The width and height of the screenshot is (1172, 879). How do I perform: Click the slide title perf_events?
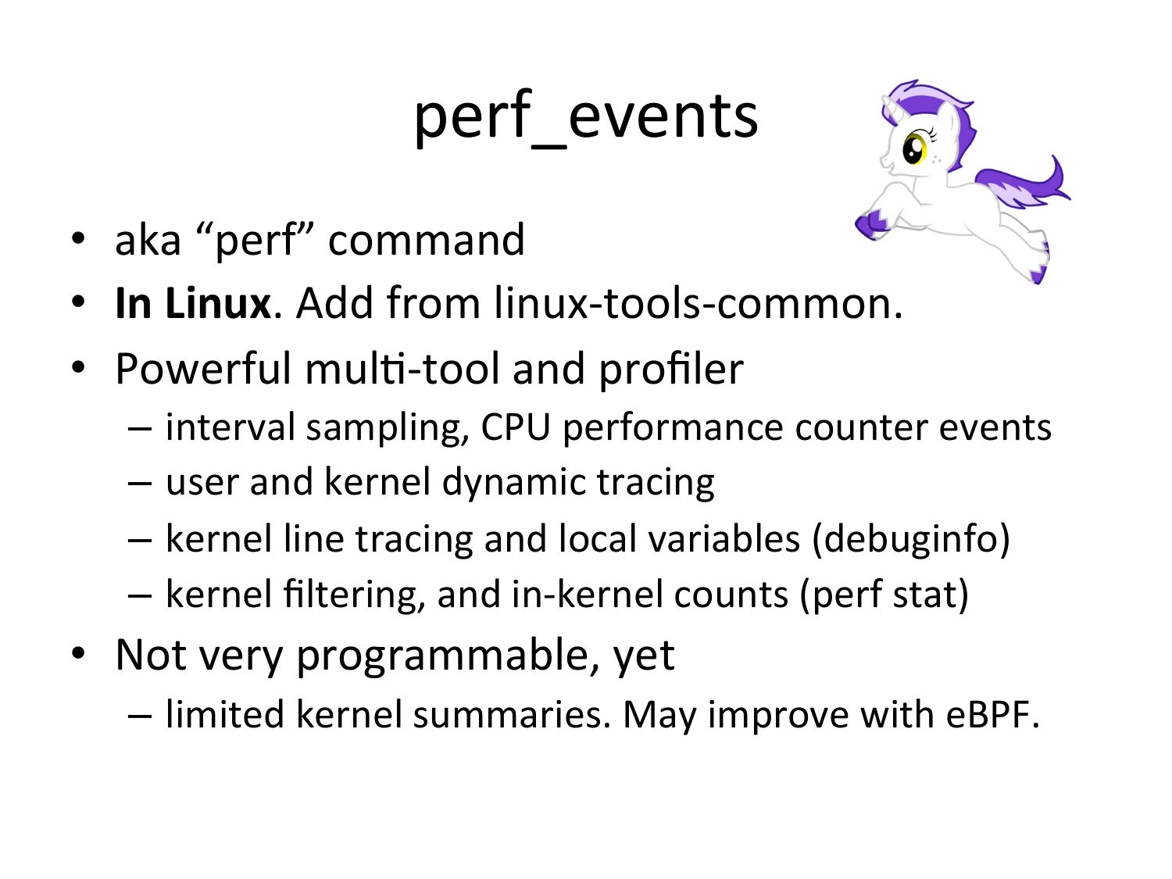[x=586, y=118]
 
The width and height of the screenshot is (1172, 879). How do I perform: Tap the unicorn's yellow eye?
[x=915, y=148]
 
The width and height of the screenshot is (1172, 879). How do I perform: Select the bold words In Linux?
[x=193, y=303]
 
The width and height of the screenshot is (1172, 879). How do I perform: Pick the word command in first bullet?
[x=426, y=240]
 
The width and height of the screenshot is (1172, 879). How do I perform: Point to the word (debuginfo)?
[x=911, y=540]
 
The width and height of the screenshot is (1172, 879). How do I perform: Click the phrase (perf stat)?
[x=884, y=595]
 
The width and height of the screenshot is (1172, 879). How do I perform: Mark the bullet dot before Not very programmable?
[x=78, y=653]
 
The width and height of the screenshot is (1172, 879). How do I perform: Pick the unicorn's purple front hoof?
[x=871, y=225]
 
